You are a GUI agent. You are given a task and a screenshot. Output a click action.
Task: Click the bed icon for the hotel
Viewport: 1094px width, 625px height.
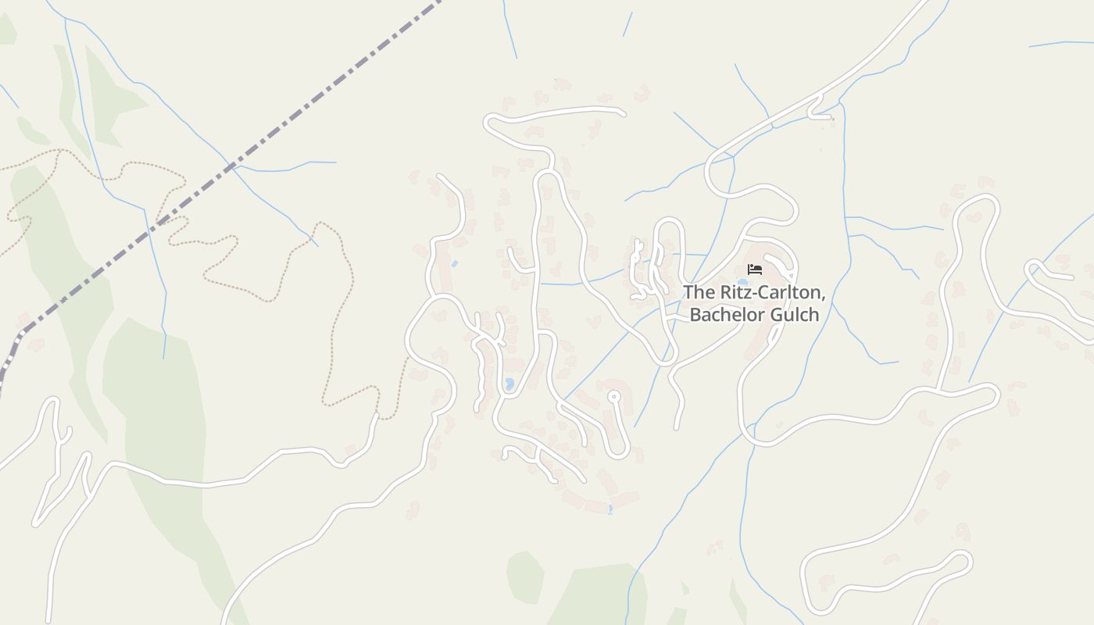pos(755,270)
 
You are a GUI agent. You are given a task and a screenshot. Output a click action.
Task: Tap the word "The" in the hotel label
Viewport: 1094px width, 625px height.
pos(698,292)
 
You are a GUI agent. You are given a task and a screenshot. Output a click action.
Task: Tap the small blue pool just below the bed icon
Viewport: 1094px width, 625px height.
pos(742,282)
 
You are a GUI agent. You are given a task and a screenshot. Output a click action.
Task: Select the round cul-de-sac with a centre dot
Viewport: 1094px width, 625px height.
pos(614,397)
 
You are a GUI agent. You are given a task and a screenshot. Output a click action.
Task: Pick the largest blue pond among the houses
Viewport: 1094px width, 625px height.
pos(509,384)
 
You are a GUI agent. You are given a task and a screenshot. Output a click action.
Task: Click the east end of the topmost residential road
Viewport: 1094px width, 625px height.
pos(622,113)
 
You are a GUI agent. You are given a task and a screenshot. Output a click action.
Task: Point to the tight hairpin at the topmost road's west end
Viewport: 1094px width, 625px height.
pos(489,122)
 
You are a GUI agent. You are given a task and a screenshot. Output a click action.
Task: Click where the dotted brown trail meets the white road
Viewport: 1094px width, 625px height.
pos(377,416)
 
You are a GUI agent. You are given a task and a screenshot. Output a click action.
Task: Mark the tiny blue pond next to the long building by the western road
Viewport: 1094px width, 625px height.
pos(454,264)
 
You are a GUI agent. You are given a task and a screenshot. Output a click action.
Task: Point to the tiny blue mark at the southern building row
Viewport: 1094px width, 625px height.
pos(610,509)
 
